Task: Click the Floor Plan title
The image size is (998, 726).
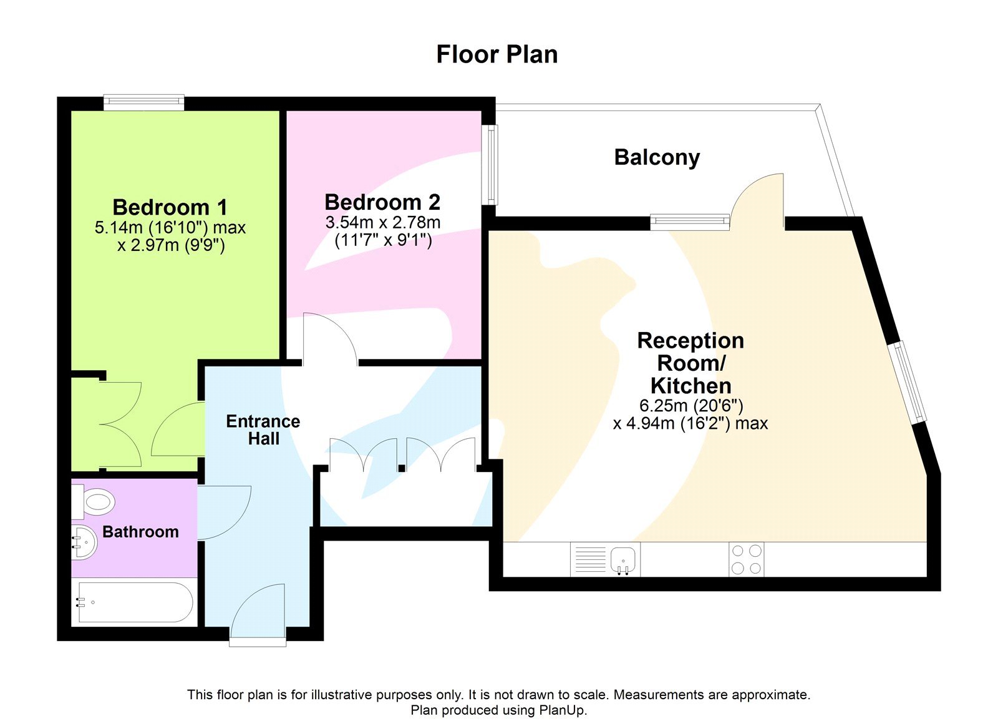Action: point(497,54)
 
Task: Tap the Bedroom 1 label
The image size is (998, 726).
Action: point(170,207)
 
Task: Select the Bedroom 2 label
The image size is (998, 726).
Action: point(382,202)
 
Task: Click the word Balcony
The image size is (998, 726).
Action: point(657,157)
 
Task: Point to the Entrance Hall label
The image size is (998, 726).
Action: point(263,430)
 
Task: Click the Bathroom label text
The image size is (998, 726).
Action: point(140,532)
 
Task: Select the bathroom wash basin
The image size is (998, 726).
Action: point(84,542)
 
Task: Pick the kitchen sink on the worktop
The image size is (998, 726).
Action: point(622,558)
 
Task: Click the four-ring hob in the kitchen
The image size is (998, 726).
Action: point(747,559)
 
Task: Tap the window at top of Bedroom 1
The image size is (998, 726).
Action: point(143,102)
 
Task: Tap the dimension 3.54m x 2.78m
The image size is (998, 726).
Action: point(382,223)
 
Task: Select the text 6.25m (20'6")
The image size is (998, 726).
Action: point(690,406)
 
